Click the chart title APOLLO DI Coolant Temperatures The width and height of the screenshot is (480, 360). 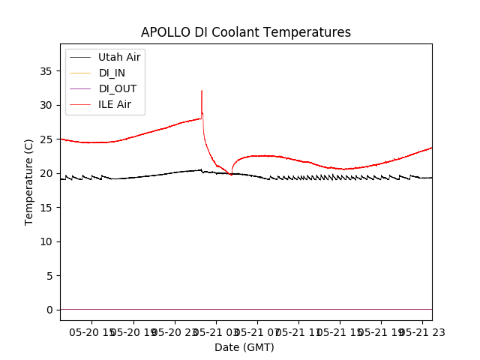click(x=246, y=32)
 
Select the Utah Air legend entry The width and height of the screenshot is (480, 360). click(x=119, y=57)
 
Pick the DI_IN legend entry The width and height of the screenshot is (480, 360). click(x=113, y=73)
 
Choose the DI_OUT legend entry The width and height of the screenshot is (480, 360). click(x=118, y=88)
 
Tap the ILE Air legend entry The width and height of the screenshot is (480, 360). click(x=115, y=104)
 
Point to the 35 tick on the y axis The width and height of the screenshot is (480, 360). click(x=46, y=71)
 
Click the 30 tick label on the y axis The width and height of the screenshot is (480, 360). click(x=46, y=105)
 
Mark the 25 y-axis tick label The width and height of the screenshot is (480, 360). click(x=46, y=139)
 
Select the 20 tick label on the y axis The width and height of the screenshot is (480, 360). click(x=46, y=173)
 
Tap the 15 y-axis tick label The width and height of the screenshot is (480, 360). click(x=46, y=208)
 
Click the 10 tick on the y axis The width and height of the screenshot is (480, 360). click(x=46, y=241)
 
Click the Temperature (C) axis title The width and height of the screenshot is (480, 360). click(x=28, y=182)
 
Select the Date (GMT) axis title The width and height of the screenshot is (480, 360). click(x=244, y=347)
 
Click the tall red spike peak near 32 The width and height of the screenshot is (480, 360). click(x=202, y=91)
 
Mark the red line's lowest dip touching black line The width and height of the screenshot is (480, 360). click(x=231, y=174)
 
